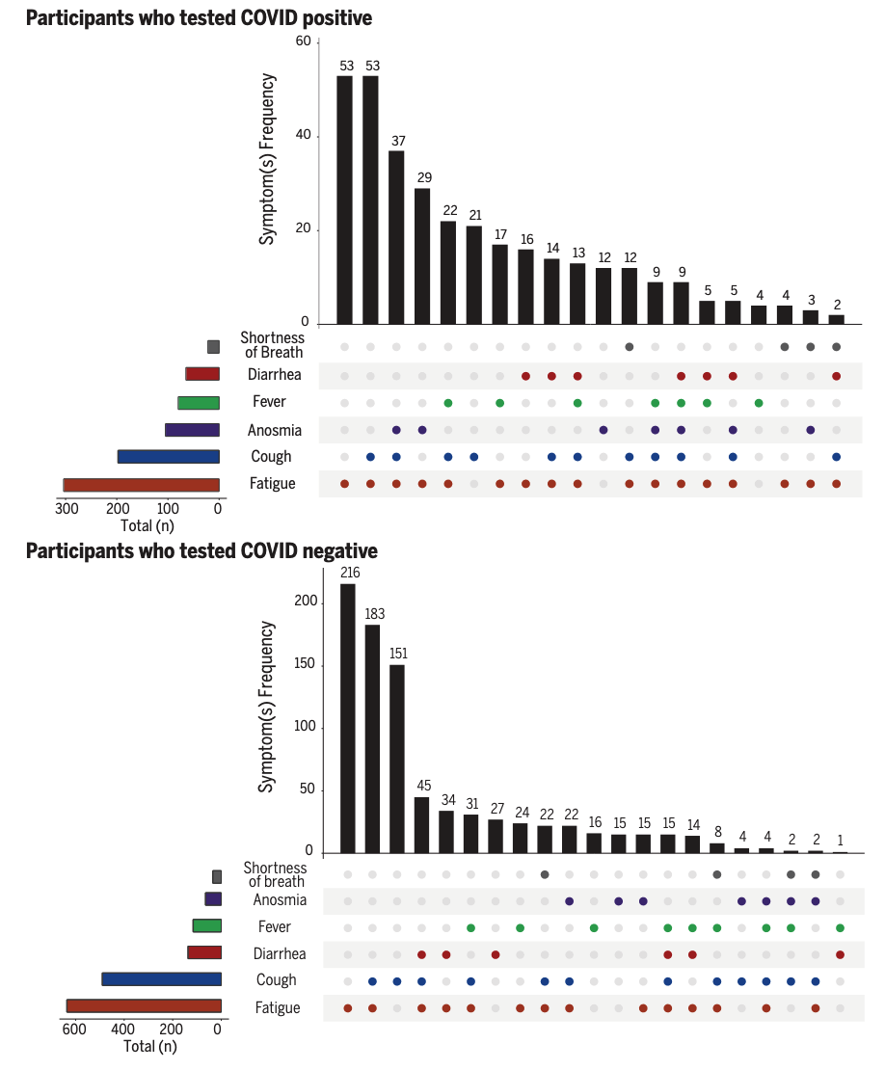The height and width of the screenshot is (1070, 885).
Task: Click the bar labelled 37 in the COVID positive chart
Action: coord(396,237)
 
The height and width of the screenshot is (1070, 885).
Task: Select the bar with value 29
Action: coord(422,255)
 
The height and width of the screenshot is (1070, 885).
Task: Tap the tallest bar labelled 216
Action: coord(347,718)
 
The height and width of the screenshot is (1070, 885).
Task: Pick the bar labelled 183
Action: coord(372,738)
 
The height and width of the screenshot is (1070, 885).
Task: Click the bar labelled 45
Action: coord(421,824)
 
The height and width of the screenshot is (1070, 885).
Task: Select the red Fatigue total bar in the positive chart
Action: coord(141,485)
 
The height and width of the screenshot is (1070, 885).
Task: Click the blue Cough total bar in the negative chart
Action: coord(161,979)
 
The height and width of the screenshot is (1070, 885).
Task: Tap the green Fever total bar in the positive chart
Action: coord(198,403)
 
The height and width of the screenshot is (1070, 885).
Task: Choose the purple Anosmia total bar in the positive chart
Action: coord(192,430)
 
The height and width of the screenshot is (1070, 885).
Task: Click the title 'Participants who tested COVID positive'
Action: coord(199,18)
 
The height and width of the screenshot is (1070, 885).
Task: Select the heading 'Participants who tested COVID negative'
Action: coord(201,551)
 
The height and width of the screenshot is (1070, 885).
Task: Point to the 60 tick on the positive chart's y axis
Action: coord(304,42)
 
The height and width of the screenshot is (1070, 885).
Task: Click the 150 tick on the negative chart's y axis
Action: coord(305,665)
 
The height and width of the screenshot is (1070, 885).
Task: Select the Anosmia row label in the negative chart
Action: coord(280,900)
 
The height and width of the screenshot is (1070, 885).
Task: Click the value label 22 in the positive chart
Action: coord(448,211)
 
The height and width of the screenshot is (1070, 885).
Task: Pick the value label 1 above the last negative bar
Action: coord(841,841)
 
